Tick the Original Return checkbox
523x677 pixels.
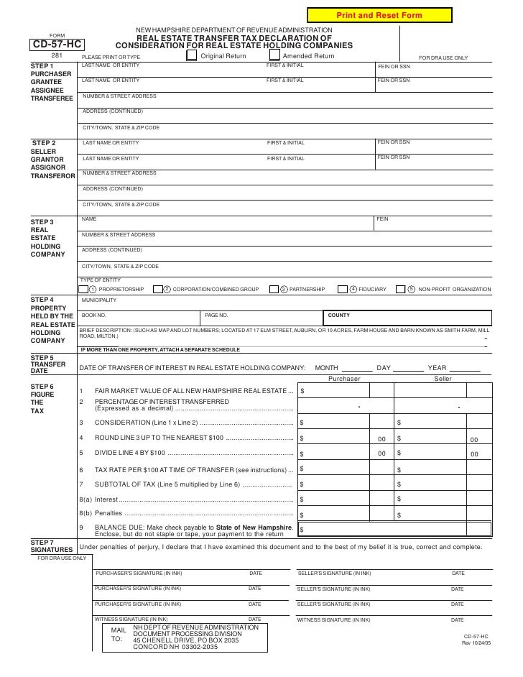(192, 56)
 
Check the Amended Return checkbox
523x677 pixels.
(276, 56)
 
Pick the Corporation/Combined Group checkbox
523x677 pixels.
(167, 289)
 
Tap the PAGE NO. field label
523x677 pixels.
(216, 315)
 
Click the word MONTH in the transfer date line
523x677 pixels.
(327, 368)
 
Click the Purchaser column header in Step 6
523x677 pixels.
(344, 379)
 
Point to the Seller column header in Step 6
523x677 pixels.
(443, 379)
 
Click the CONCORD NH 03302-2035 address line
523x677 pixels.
(175, 647)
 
